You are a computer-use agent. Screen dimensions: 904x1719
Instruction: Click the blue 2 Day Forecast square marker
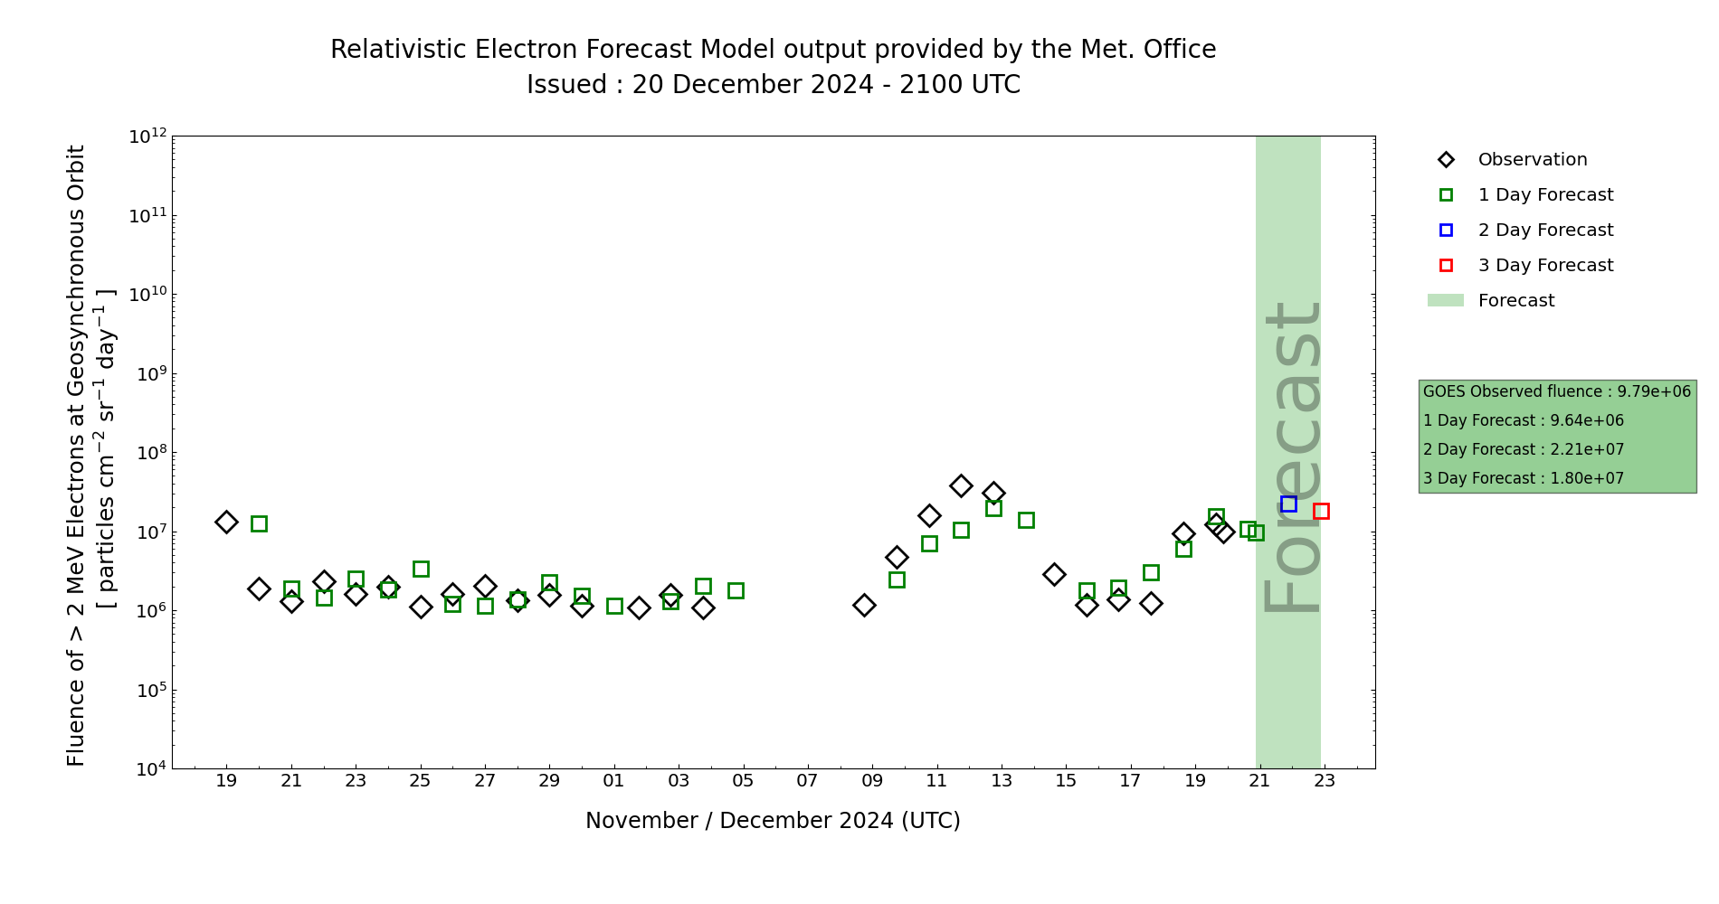pyautogui.click(x=1288, y=504)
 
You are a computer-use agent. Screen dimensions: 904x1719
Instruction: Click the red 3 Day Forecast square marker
pyautogui.click(x=1321, y=511)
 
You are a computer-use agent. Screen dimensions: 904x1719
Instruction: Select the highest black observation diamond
pyautogui.click(x=961, y=485)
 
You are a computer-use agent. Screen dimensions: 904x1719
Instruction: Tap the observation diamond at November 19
pyautogui.click(x=226, y=522)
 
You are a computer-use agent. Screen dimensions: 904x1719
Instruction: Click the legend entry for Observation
pyautogui.click(x=1532, y=160)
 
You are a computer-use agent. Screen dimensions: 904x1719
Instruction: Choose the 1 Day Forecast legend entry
pyautogui.click(x=1544, y=195)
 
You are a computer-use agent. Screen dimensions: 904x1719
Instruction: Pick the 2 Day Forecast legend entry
pyautogui.click(x=1544, y=231)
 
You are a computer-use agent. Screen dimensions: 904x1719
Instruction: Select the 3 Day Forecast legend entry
pyautogui.click(x=1544, y=266)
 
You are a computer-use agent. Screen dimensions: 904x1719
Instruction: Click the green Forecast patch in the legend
pyautogui.click(x=1445, y=300)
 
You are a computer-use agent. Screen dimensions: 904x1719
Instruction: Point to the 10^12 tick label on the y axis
pyautogui.click(x=147, y=137)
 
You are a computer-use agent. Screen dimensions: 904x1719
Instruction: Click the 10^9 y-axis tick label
pyautogui.click(x=147, y=373)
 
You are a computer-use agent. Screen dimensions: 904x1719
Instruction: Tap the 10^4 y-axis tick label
pyautogui.click(x=147, y=769)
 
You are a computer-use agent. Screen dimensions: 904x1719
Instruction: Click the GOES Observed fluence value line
pyautogui.click(x=1556, y=391)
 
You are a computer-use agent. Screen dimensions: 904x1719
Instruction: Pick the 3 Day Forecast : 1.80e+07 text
pyautogui.click(x=1524, y=478)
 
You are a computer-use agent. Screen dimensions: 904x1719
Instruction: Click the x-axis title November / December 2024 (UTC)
pyautogui.click(x=773, y=821)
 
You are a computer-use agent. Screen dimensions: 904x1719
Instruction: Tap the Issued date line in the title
pyautogui.click(x=773, y=85)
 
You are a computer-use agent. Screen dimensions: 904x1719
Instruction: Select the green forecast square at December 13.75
pyautogui.click(x=1026, y=520)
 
